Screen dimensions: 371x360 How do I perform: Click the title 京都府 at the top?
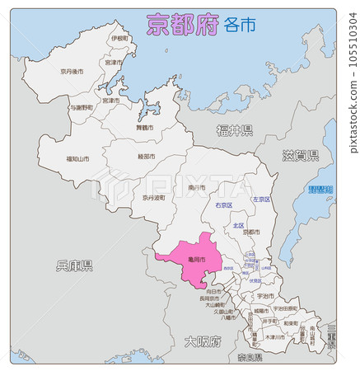pyautogui.click(x=182, y=24)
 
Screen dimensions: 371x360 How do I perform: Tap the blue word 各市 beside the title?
pyautogui.click(x=240, y=25)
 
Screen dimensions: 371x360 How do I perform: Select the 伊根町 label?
pyautogui.click(x=119, y=39)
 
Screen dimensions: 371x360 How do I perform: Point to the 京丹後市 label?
pyautogui.click(x=72, y=72)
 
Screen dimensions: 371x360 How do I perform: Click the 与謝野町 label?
pyautogui.click(x=81, y=107)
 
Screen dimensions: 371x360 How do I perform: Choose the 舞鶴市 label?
pyautogui.click(x=144, y=128)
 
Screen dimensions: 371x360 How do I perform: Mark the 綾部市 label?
pyautogui.click(x=146, y=157)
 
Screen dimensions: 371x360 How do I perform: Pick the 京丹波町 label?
pyautogui.click(x=152, y=198)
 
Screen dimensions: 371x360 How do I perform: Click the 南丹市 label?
pyautogui.click(x=197, y=188)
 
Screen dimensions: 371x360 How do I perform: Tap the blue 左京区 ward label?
pyautogui.click(x=261, y=200)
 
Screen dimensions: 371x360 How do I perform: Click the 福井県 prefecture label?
pyautogui.click(x=235, y=130)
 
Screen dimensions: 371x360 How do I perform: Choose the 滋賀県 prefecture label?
pyautogui.click(x=301, y=155)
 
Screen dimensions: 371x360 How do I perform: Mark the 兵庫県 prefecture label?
pyautogui.click(x=74, y=265)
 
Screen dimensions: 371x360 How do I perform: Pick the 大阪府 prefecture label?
pyautogui.click(x=202, y=340)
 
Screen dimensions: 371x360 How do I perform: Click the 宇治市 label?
pyautogui.click(x=265, y=295)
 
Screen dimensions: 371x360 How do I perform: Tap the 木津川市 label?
pyautogui.click(x=275, y=337)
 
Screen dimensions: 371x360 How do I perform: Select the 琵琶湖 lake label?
pyautogui.click(x=320, y=190)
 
